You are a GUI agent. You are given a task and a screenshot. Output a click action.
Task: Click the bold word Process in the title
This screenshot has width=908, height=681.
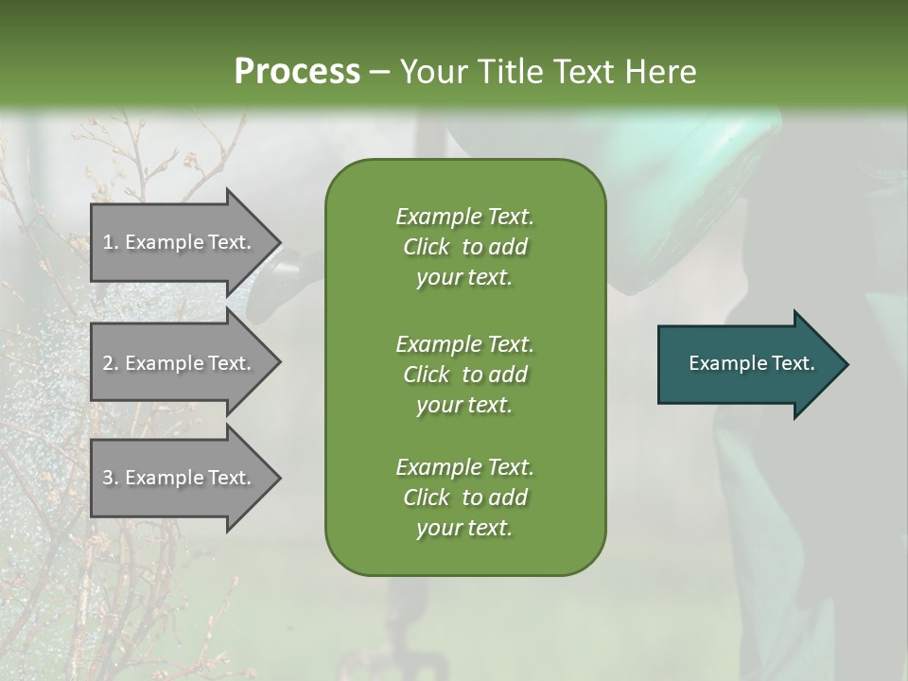click(x=297, y=72)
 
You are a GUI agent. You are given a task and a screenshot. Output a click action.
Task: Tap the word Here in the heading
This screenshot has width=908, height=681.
click(x=659, y=72)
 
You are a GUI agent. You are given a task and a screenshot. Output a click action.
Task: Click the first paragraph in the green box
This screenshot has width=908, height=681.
click(x=464, y=247)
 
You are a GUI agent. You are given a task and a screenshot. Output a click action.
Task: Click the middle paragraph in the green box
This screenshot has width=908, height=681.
click(x=464, y=375)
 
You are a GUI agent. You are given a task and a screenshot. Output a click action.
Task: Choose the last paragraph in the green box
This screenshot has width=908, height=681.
click(x=464, y=498)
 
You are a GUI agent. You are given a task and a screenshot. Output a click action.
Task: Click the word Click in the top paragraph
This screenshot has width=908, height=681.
click(x=427, y=247)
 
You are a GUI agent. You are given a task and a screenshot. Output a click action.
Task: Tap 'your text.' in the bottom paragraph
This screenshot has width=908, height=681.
click(x=464, y=529)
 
